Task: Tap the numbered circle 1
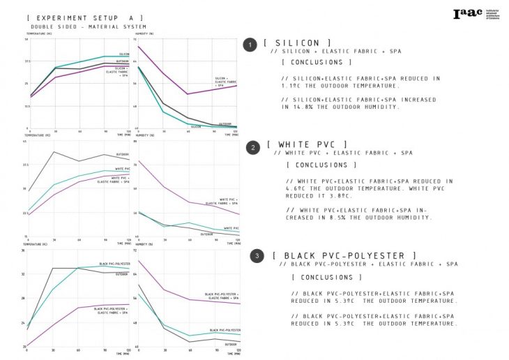pyautogui.click(x=250, y=45)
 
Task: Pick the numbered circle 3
pyautogui.click(x=258, y=257)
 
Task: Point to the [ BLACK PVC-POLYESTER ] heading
pyautogui.click(x=345, y=256)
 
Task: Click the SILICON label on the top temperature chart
pyautogui.click(x=123, y=54)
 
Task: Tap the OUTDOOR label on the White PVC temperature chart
pyautogui.click(x=122, y=154)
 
